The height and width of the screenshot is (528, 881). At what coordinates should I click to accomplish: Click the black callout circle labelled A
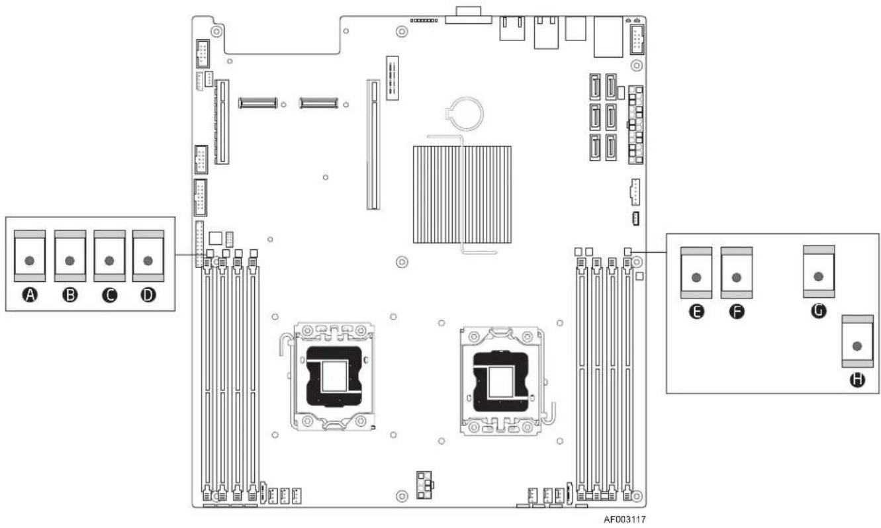[x=30, y=295]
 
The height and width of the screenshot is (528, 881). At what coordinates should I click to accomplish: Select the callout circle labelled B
[x=70, y=295]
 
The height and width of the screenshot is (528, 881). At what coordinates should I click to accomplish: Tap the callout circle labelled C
[x=110, y=295]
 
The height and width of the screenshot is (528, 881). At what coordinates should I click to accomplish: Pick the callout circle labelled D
[x=148, y=295]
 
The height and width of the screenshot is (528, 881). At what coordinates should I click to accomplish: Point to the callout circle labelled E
[x=696, y=312]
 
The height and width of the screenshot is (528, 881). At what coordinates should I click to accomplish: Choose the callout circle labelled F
[x=737, y=312]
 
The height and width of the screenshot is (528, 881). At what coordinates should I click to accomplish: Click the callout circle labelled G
[x=819, y=310]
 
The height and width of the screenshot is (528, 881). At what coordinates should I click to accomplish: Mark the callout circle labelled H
[x=857, y=380]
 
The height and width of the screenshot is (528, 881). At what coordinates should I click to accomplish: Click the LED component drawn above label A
[x=30, y=256]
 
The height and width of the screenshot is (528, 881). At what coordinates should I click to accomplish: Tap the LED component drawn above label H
[x=857, y=341]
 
